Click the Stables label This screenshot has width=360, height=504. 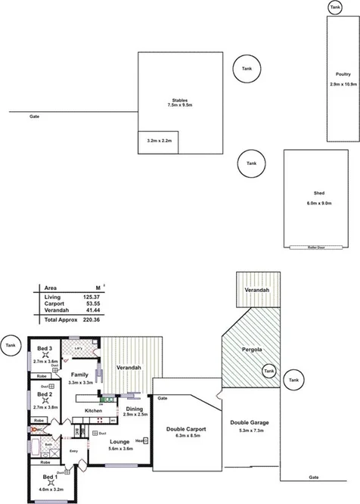(x=179, y=100)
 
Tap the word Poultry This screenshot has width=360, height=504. (x=342, y=73)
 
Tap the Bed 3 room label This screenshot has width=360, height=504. (x=45, y=348)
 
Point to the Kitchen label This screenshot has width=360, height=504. (x=93, y=410)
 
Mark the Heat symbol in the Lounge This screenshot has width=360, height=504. (x=140, y=440)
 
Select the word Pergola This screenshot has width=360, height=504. (x=250, y=351)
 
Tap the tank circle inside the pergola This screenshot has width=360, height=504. (x=267, y=371)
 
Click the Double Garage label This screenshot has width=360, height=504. (x=249, y=422)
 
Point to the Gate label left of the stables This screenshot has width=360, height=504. (x=34, y=117)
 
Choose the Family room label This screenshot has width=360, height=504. (x=80, y=375)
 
